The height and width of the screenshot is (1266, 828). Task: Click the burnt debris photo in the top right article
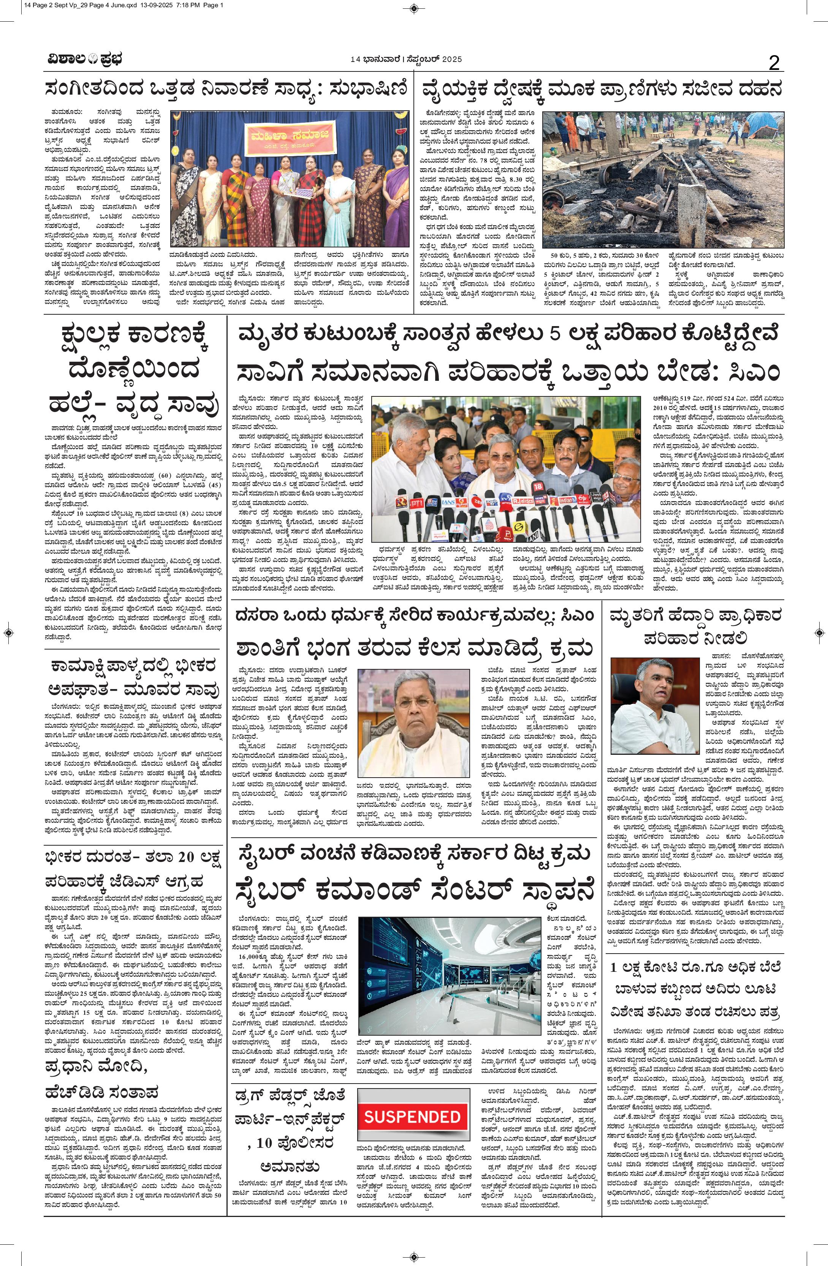point(663,179)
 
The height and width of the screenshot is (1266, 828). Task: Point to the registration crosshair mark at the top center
point(414,8)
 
